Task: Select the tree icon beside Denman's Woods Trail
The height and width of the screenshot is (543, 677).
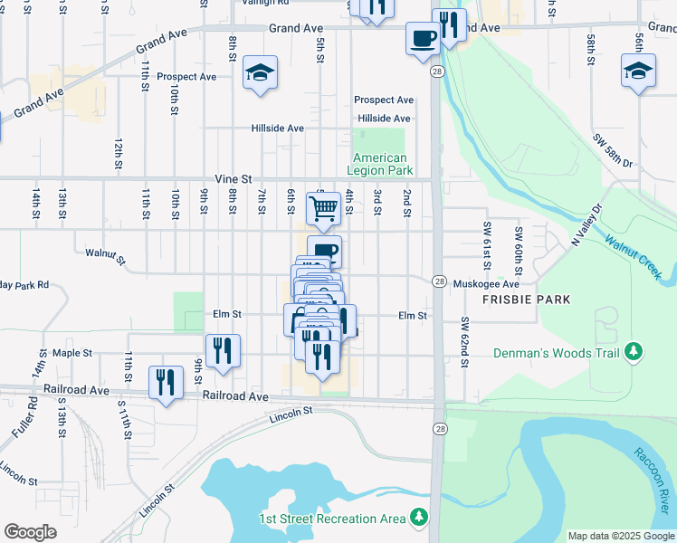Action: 635,351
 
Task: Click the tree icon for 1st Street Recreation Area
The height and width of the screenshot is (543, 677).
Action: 418,518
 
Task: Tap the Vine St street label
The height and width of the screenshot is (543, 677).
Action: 232,180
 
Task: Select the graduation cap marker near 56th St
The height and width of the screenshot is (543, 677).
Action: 638,71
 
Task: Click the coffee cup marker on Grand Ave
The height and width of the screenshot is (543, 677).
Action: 423,38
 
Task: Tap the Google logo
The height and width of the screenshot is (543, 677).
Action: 31,532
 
